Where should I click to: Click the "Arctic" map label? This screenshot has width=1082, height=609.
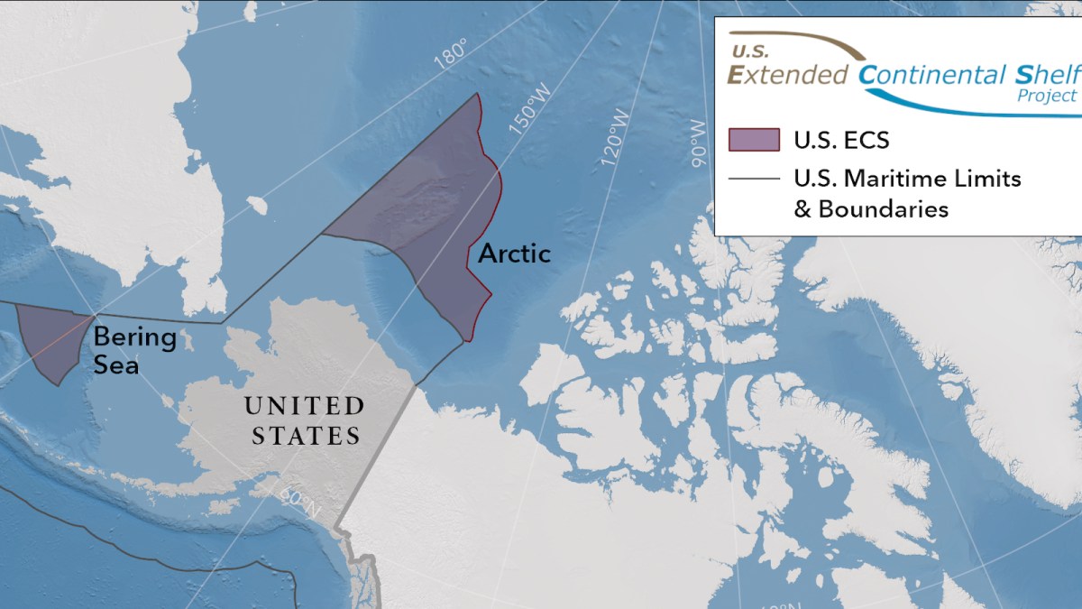[x=514, y=254]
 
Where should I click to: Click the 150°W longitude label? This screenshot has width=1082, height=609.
[x=527, y=115]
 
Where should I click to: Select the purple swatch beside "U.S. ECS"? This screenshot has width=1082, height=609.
[x=754, y=140]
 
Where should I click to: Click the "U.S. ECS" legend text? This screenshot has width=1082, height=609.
[x=841, y=141]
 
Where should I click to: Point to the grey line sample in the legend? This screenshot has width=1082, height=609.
[x=754, y=179]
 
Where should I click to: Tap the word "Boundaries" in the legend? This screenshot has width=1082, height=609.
[x=884, y=209]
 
